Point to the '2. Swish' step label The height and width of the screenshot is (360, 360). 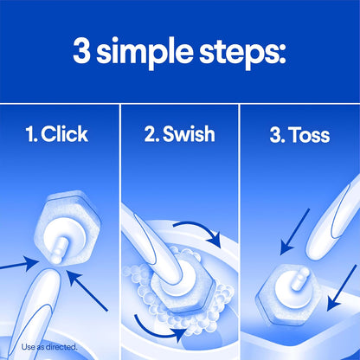pos(179,137)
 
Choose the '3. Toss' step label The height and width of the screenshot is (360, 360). pos(299,137)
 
